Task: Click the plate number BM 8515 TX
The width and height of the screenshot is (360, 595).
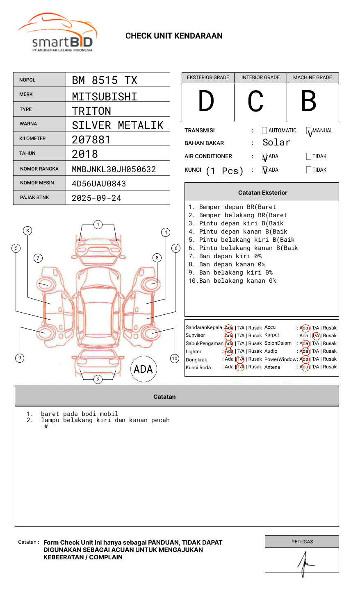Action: (105, 80)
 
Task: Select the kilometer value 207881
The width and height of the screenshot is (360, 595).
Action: (91, 140)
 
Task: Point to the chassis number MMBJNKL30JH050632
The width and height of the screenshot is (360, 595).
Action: (114, 169)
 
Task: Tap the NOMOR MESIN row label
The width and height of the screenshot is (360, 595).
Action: (37, 183)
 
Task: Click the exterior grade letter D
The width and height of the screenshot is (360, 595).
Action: (206, 101)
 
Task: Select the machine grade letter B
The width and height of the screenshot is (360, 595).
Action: (309, 101)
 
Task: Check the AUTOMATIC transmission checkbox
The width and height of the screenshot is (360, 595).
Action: (264, 131)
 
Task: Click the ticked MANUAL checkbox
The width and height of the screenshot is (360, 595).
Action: (309, 131)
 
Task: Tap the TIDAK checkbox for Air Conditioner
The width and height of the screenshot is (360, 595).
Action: (309, 157)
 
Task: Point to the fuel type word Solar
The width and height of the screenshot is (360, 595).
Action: (276, 143)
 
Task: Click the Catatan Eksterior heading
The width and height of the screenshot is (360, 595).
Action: (262, 193)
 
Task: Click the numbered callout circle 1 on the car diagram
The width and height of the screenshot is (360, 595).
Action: (98, 225)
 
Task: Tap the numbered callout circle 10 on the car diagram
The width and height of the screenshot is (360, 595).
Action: (175, 359)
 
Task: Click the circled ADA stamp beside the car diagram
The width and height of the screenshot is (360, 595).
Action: (143, 369)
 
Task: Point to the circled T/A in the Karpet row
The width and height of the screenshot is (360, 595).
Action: (316, 336)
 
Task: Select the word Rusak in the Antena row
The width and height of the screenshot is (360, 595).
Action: (330, 367)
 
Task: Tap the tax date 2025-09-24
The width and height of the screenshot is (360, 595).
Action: (96, 198)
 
